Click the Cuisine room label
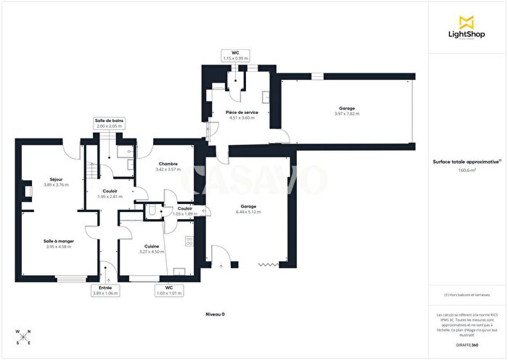[x=151, y=249]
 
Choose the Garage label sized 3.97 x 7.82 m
[x=346, y=111]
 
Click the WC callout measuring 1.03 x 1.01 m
[x=168, y=290]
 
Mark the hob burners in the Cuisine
[x=190, y=242]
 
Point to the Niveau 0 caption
[x=216, y=314]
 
